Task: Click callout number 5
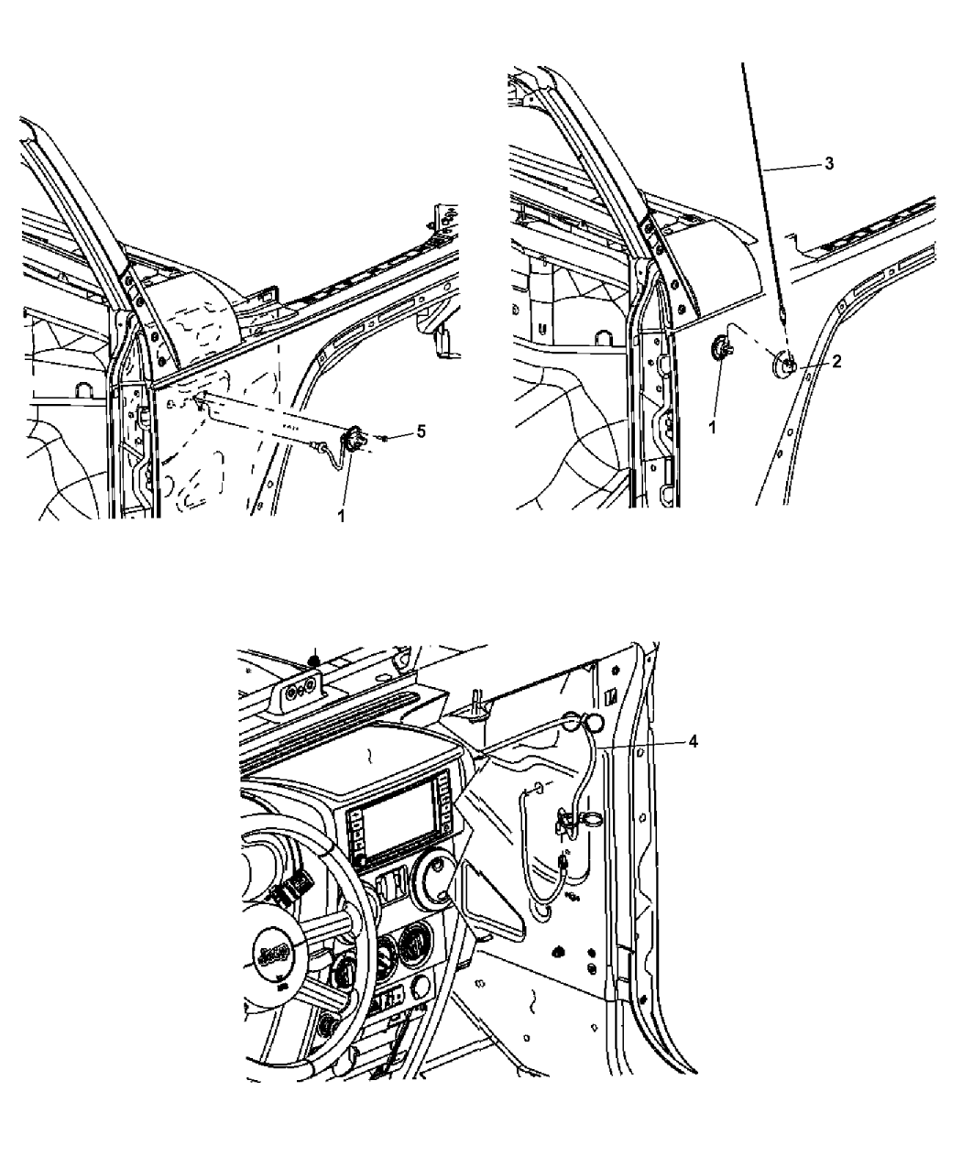421,431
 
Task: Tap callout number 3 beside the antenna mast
829,163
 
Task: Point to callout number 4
694,742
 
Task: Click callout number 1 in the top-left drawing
341,515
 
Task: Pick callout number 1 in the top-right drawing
713,428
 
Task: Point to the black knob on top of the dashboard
315,661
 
